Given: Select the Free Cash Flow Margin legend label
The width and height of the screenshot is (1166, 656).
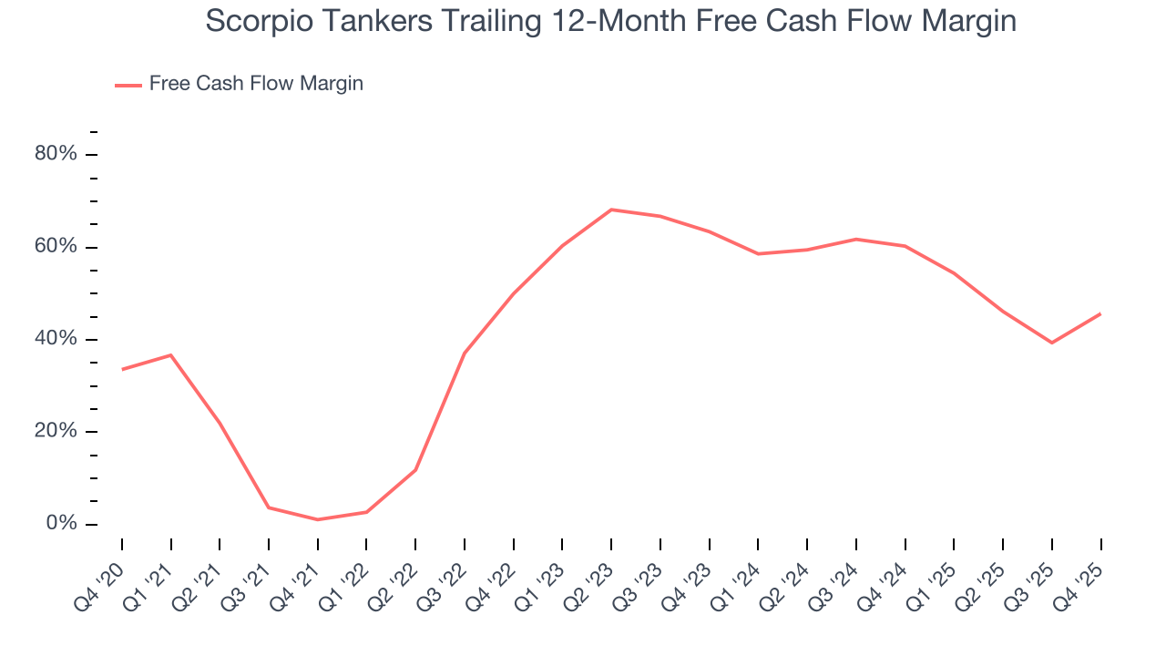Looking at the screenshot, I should pos(256,84).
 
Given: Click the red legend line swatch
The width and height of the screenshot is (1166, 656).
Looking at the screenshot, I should pos(128,85).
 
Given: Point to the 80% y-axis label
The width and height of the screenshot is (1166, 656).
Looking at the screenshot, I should pos(56,154).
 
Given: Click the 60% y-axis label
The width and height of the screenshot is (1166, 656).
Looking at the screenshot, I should pos(56,247).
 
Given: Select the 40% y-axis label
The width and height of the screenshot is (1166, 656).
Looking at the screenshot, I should pos(56,339).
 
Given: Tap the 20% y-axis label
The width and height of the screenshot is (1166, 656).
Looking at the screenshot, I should pos(56,432).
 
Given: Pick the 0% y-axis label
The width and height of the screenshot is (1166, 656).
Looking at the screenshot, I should pos(61,524).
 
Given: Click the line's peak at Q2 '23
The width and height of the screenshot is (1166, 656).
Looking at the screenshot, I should pos(611,210).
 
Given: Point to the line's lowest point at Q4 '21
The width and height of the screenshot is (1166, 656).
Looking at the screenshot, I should pos(318,519).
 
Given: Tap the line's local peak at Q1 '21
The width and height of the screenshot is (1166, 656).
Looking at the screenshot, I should pos(171,354).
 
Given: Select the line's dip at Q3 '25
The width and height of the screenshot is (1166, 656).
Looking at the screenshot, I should pos(1052,343).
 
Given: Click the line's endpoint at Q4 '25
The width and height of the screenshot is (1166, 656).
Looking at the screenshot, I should pos(1100,313).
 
